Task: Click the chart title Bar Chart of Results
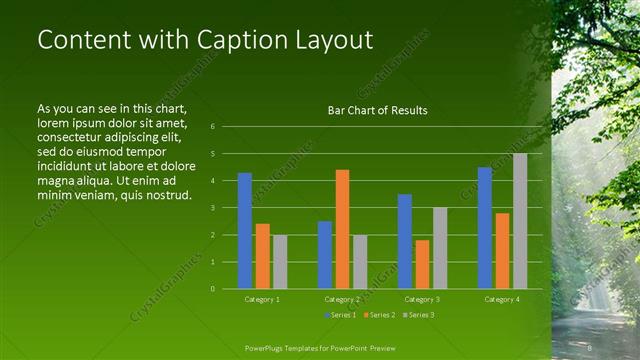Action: [x=377, y=110]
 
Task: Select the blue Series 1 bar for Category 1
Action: [x=245, y=231]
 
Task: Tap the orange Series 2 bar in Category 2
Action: [x=342, y=229]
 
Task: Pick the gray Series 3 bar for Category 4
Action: [x=520, y=221]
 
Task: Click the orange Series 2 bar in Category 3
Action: [x=422, y=264]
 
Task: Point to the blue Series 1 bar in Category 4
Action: [x=485, y=228]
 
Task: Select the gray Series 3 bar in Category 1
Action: [x=280, y=262]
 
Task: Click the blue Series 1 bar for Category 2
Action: [x=325, y=255]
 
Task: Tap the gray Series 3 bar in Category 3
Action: [x=440, y=248]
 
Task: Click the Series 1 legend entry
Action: [x=340, y=315]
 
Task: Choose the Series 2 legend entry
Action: [x=380, y=315]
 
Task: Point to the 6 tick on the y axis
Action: [x=212, y=127]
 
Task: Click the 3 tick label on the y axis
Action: [x=212, y=208]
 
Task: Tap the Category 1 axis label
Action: [x=262, y=299]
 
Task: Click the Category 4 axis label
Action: [x=502, y=299]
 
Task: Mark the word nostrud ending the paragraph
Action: [x=166, y=193]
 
